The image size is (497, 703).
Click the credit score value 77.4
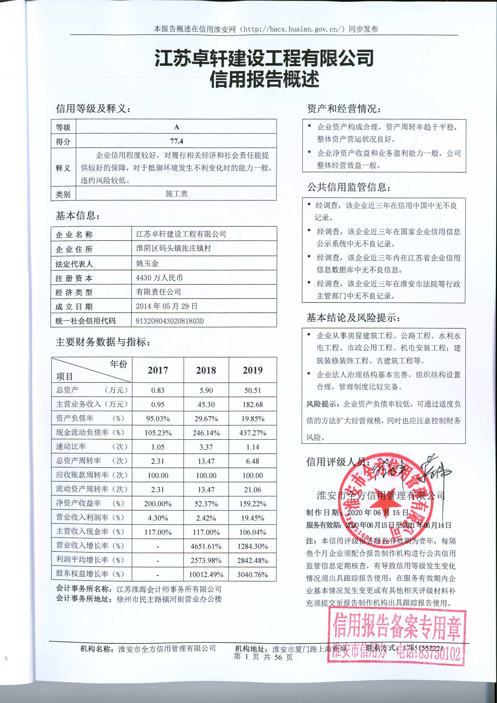point(176,141)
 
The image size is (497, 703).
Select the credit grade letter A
point(176,127)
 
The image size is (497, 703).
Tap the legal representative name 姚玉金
point(147,263)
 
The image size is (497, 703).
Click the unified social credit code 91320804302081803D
point(170,321)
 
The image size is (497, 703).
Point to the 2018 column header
point(206,370)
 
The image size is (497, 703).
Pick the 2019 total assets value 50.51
point(252,390)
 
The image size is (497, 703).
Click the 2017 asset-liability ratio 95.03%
point(158,419)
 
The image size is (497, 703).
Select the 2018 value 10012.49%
point(206,575)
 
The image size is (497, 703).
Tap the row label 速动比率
point(71,447)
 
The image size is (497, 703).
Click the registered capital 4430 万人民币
point(159,278)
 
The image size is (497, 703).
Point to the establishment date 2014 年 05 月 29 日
point(167,306)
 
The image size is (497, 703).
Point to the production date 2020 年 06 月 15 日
point(378,513)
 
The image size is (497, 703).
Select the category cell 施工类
point(176,194)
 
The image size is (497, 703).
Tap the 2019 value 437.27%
point(252,433)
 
